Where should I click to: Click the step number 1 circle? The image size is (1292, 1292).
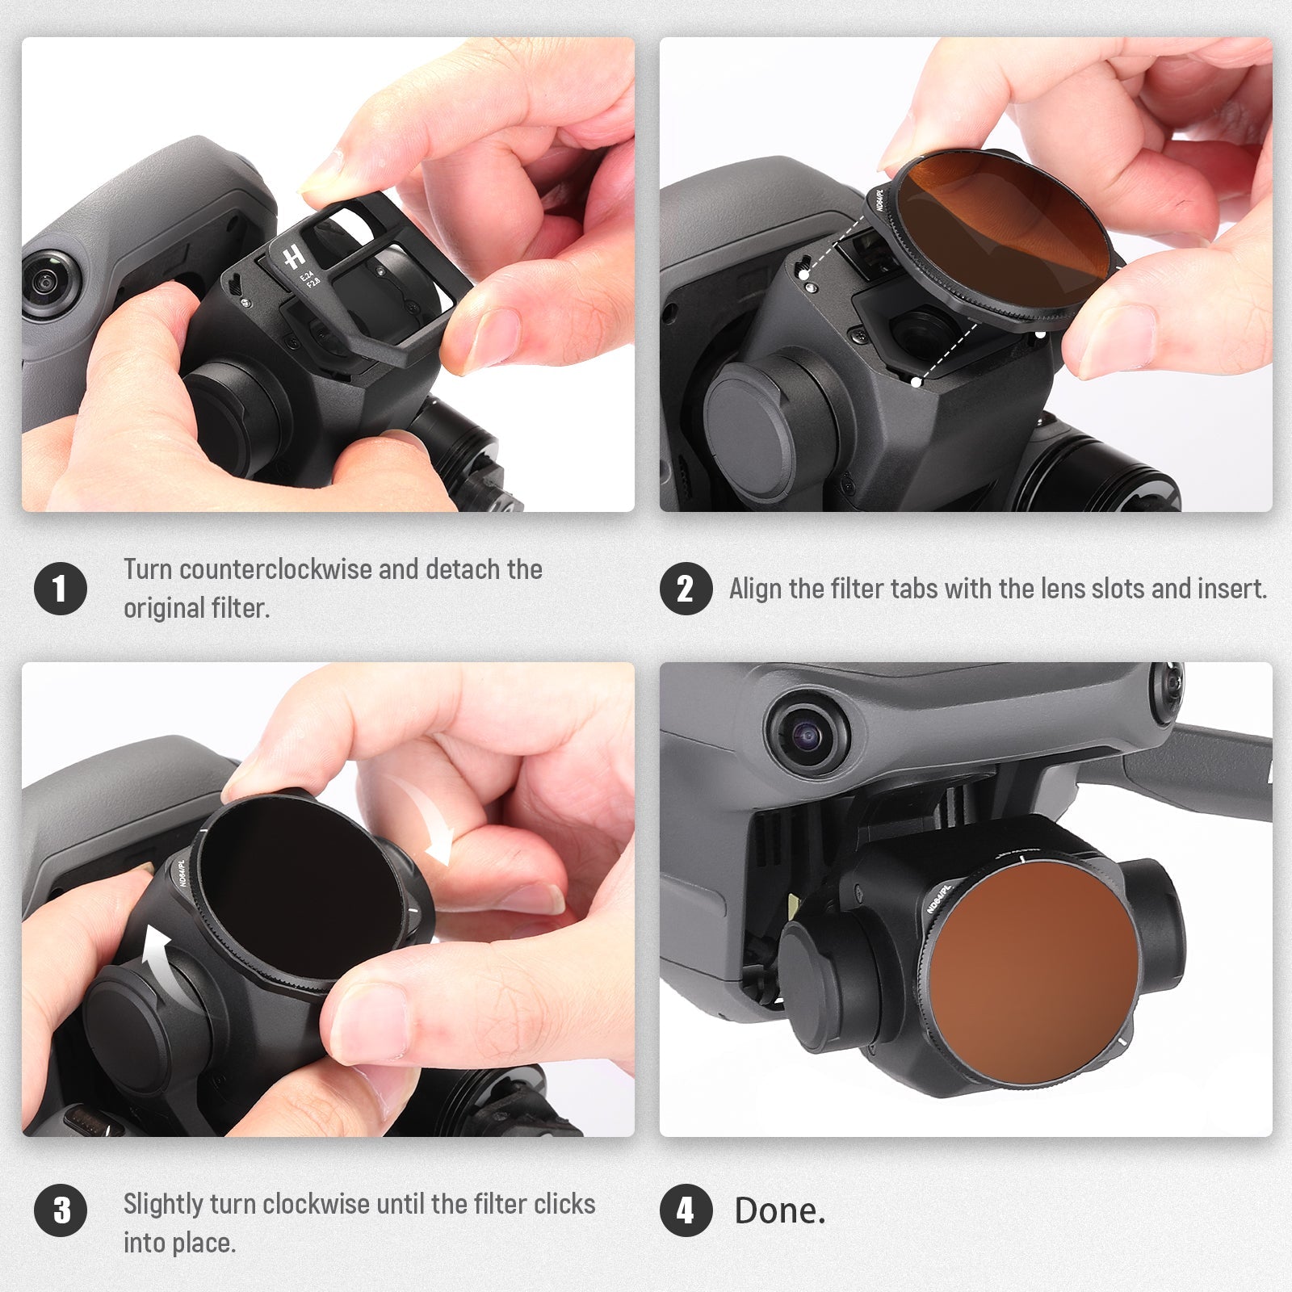click(61, 588)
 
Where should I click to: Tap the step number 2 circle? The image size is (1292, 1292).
click(686, 588)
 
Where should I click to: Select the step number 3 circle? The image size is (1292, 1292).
click(61, 1210)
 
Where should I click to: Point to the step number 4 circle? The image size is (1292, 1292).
click(686, 1210)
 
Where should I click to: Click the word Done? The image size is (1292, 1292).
click(780, 1210)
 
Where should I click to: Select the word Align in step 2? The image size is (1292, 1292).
click(756, 589)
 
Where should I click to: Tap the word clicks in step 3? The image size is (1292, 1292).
click(564, 1204)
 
